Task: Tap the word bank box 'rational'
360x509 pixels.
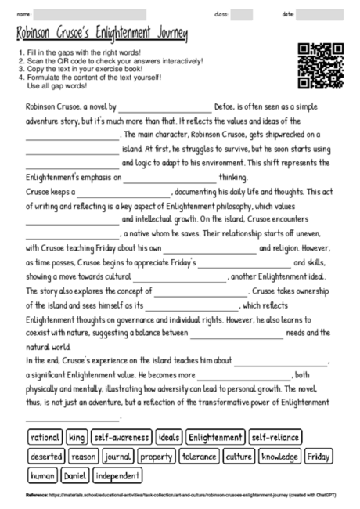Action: coord(44,437)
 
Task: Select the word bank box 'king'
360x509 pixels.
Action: coord(76,437)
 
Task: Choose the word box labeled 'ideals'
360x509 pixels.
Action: coord(168,437)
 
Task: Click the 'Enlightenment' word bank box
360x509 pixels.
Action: coord(215,437)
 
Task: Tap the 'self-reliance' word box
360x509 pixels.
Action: coord(275,437)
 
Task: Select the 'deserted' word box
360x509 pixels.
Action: coord(45,456)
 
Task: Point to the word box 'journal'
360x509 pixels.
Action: coord(117,456)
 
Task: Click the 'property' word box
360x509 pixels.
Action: coord(157,456)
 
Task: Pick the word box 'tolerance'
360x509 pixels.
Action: coord(199,456)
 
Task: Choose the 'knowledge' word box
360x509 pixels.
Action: coord(279,456)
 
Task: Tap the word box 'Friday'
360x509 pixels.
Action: coord(318,456)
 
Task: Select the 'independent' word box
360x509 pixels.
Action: coord(118,475)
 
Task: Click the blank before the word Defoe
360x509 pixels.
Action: coord(164,105)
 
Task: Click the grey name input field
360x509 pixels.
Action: coord(90,14)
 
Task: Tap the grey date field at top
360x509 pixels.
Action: coord(322,14)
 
